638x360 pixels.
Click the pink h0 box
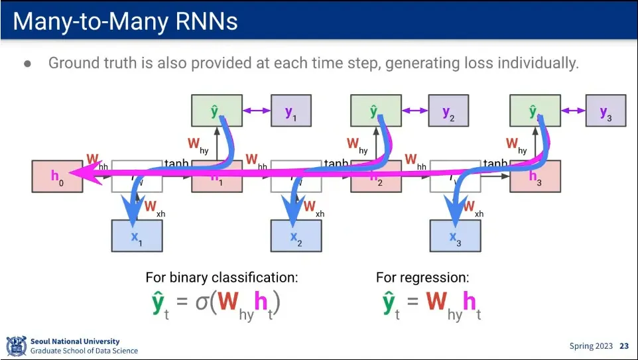click(57, 176)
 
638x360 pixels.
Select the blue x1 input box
click(137, 236)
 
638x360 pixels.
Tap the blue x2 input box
click(296, 236)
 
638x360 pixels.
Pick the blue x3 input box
click(455, 236)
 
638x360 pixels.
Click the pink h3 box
click(535, 176)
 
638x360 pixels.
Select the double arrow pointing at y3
click(570, 111)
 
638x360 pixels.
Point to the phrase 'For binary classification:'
click(222, 278)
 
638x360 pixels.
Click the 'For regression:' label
click(422, 278)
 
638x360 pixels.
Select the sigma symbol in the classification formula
click(202, 303)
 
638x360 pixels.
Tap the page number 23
click(624, 346)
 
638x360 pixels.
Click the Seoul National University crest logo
click(16, 346)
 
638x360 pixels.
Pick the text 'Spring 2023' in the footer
click(591, 346)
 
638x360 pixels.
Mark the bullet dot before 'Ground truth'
click(27, 64)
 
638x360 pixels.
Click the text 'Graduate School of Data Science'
click(84, 351)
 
